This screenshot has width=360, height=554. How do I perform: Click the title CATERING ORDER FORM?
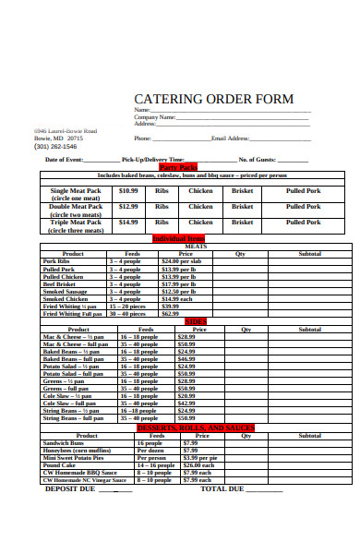pyautogui.click(x=213, y=99)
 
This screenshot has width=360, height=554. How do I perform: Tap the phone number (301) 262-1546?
pyautogui.click(x=55, y=147)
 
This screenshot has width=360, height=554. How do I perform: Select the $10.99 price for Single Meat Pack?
pyautogui.click(x=128, y=191)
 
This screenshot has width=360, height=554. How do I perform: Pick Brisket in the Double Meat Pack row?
pyautogui.click(x=243, y=207)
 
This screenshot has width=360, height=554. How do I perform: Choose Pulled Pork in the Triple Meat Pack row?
pyautogui.click(x=302, y=222)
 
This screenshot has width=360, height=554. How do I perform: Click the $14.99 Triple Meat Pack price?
pyautogui.click(x=128, y=222)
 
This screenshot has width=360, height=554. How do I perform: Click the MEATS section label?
pyautogui.click(x=196, y=246)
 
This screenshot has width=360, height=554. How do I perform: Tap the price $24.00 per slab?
pyautogui.click(x=182, y=261)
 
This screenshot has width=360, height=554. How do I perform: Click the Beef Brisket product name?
pyautogui.click(x=61, y=283)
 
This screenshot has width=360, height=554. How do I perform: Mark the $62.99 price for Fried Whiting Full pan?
pyautogui.click(x=170, y=313)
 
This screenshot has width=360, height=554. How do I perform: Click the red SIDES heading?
pyautogui.click(x=195, y=321)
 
